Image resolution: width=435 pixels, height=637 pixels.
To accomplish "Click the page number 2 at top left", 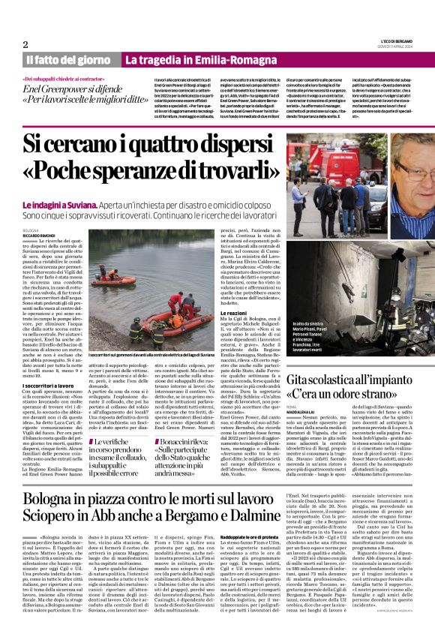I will click(25, 44).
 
